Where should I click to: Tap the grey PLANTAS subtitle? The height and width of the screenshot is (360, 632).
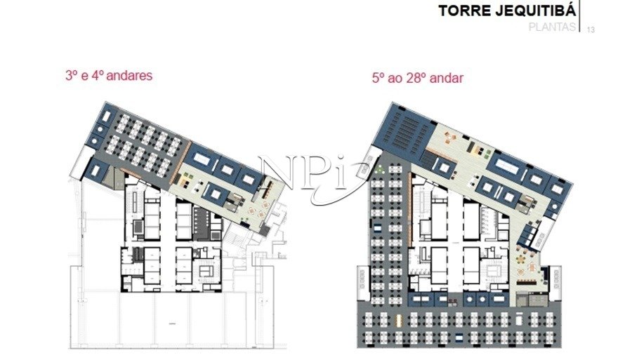552,27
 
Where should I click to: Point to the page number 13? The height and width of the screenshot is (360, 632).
591,29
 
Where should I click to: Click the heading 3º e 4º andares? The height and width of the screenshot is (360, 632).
109,76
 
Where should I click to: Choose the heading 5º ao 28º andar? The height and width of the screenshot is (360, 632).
418,78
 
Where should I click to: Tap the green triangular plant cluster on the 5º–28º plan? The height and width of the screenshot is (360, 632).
379,169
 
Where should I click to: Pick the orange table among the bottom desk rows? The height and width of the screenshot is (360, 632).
400,321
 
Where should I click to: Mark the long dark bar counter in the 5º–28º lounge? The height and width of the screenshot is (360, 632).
529,282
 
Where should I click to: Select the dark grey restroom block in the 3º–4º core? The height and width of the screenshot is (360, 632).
200,222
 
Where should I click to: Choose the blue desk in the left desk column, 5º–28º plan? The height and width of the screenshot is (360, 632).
378,228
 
